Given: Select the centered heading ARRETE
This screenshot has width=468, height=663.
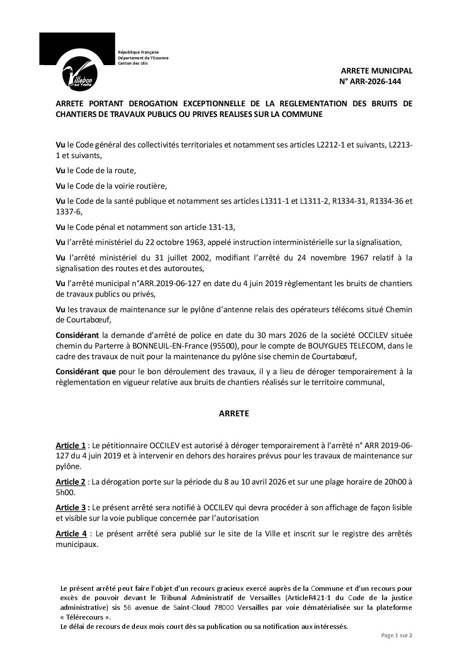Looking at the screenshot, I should click(234, 414).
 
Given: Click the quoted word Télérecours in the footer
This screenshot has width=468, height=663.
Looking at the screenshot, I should click(83, 617).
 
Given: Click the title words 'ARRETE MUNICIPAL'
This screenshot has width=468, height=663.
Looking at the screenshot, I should click(376, 71).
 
